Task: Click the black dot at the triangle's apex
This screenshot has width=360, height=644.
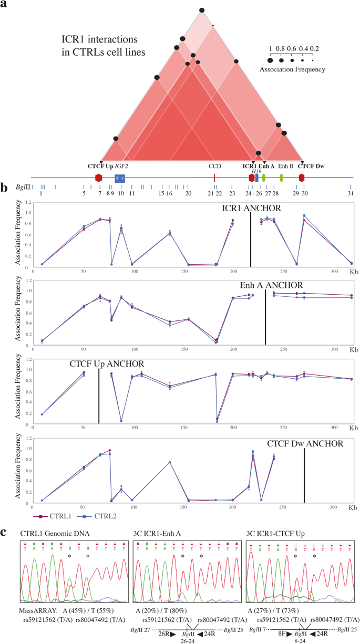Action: tap(202, 10)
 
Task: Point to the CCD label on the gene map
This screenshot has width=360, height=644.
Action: tap(214, 167)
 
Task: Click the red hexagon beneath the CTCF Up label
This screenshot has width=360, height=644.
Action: tap(98, 178)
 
